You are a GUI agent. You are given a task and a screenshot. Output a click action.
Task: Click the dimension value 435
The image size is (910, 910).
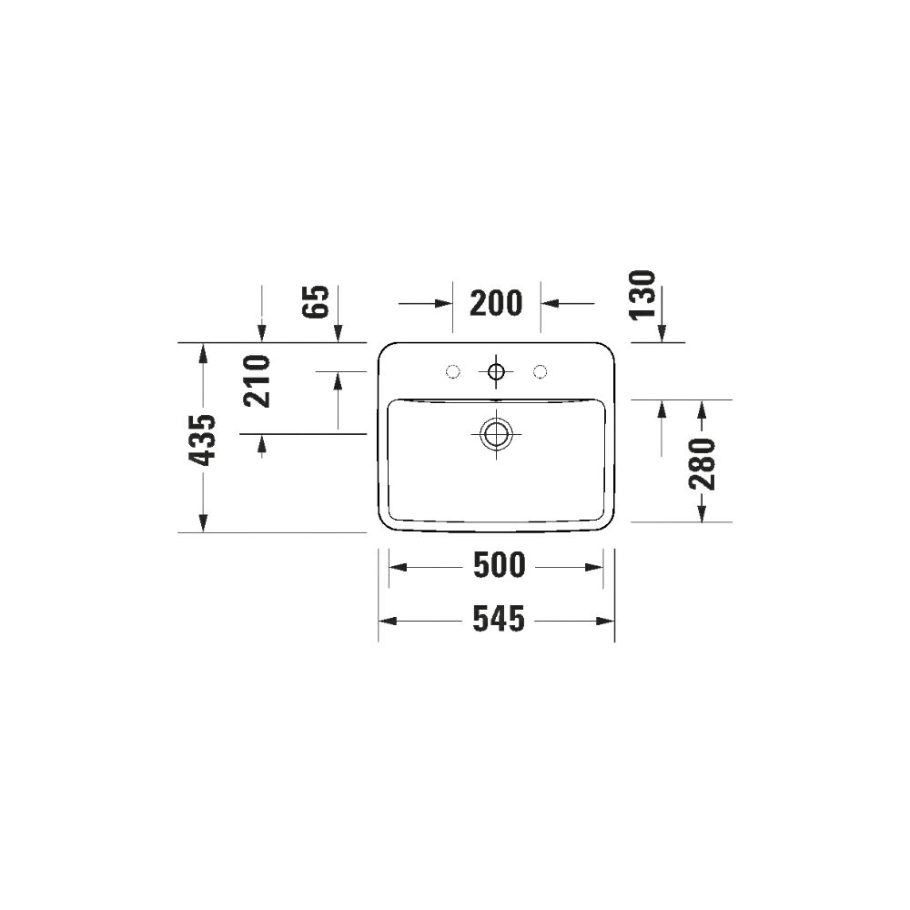coord(203,440)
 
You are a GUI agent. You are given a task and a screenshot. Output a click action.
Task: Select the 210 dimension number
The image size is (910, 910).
coord(258,380)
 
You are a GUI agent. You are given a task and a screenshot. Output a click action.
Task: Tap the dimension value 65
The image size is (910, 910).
coord(316,301)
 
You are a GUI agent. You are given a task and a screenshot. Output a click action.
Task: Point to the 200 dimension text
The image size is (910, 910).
coord(496,304)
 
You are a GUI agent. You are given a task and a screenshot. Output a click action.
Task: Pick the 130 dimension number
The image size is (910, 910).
coord(642,295)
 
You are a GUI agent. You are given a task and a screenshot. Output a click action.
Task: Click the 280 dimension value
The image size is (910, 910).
coord(702,464)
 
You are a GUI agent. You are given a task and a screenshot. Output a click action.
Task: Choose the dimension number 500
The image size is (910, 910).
coord(499,565)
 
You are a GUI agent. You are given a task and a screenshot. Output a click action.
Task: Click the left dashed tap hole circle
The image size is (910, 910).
coord(452,371)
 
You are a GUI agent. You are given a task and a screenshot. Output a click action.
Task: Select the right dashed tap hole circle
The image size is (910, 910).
coord(541,371)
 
